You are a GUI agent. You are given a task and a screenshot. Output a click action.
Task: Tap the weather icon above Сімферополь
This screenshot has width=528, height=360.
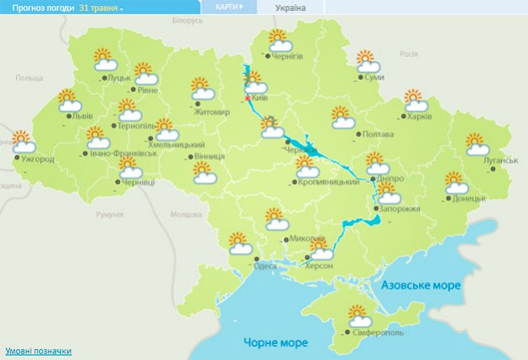360,317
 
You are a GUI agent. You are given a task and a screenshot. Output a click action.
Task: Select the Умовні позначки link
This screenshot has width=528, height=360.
39,351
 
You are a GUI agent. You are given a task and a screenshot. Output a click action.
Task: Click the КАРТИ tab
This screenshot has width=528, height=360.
229,7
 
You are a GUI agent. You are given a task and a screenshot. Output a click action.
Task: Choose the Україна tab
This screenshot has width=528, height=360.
290,8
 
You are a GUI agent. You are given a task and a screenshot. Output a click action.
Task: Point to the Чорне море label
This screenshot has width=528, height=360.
275,342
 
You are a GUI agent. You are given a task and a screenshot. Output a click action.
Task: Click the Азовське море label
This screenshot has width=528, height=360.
421,286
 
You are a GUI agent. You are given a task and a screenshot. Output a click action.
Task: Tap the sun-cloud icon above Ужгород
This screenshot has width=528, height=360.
23,141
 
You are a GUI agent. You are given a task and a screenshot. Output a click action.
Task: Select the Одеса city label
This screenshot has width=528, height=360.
265,266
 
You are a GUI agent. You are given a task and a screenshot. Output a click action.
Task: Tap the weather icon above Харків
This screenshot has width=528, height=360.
414,101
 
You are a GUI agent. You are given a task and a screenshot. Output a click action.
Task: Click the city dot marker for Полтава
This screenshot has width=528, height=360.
358,134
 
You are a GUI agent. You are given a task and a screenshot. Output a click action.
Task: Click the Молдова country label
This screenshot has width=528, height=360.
187,214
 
